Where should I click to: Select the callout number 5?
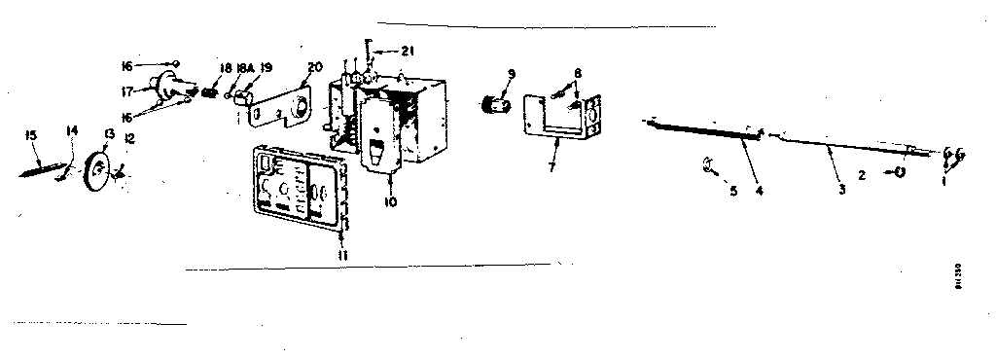tap(734, 192)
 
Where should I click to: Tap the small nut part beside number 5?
tap(708, 166)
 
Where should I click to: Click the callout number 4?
tap(760, 190)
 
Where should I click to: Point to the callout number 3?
tap(841, 188)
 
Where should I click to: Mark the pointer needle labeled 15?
tap(44, 168)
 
